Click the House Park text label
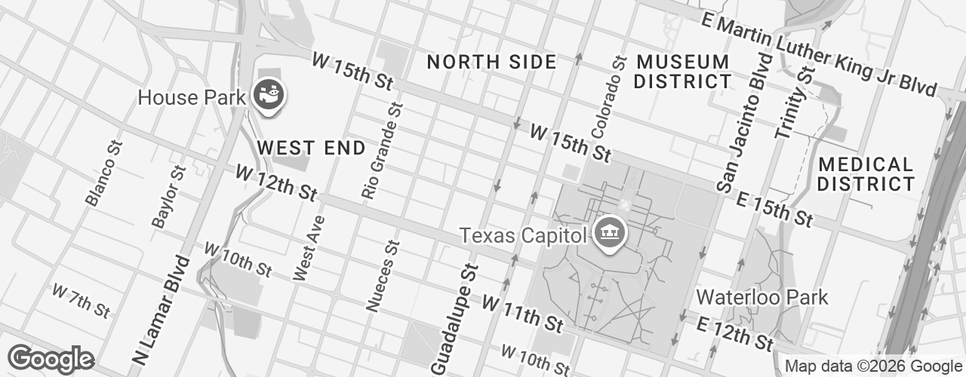192,97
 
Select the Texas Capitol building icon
608,233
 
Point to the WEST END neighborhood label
311,148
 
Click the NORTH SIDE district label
491,62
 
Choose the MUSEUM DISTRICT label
682,71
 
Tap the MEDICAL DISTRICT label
866,173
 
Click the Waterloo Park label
762,297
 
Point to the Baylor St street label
168,195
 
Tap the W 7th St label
81,299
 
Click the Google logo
51,359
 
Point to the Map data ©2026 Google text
872,366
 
